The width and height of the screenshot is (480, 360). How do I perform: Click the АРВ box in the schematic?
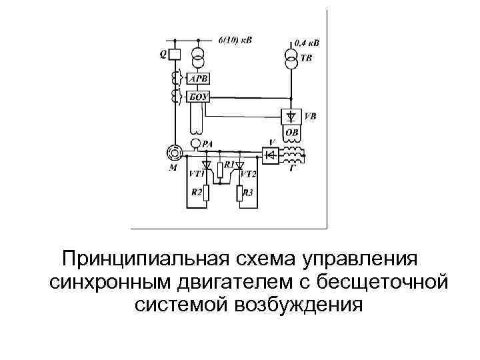pos(198,79)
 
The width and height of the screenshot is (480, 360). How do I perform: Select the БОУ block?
pos(198,98)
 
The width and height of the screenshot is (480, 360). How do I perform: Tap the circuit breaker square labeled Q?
pos(174,53)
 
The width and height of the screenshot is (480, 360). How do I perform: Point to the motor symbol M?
pos(174,153)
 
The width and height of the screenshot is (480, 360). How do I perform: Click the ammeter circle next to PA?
pos(196,143)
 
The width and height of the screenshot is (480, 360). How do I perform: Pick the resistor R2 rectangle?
pos(206,194)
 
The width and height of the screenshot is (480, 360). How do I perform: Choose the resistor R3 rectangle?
pos(239,194)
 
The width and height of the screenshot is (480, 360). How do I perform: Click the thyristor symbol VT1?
pos(206,164)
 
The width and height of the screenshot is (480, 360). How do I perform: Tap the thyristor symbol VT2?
pos(239,164)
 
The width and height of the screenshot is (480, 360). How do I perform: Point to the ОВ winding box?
pos(292,132)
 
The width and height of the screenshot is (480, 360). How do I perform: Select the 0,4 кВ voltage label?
pos(307,43)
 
